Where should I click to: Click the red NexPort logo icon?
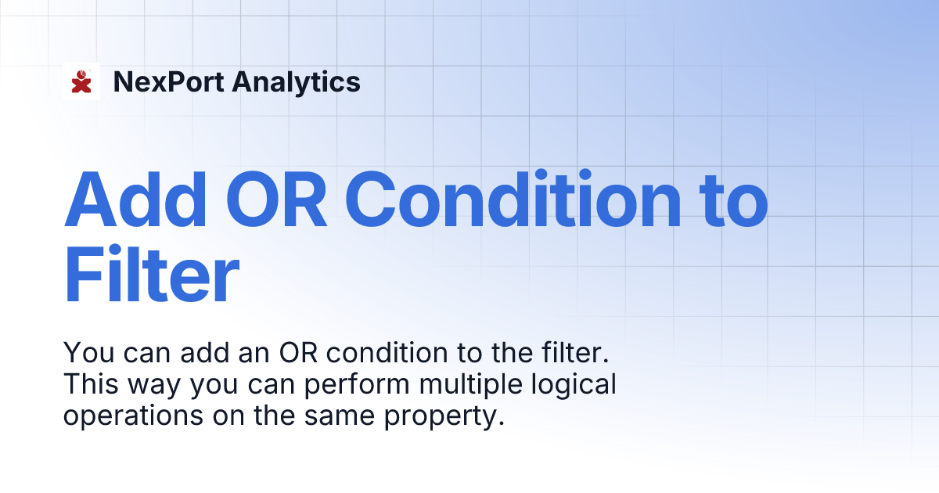coord(81,81)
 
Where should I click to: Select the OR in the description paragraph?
coord(298,353)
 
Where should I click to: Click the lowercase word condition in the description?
coord(383,353)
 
